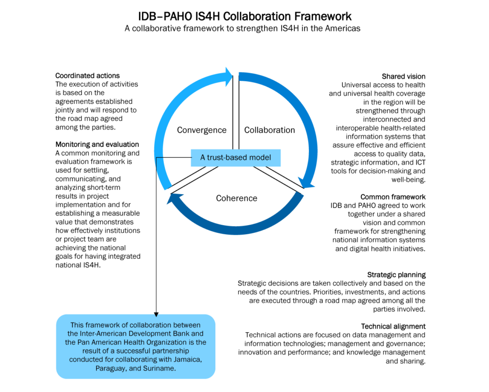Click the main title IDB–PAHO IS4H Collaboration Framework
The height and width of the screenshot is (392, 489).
pos(244,16)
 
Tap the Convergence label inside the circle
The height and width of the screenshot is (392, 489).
pos(202,130)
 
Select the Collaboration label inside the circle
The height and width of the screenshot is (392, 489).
pos(269,130)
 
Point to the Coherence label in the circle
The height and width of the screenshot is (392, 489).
pos(236,198)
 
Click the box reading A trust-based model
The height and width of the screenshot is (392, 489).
pos(235,158)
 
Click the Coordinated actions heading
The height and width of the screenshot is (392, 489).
pos(87,76)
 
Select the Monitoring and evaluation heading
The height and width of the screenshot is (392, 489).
pos(97,144)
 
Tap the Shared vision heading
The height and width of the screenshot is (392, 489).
pos(404,76)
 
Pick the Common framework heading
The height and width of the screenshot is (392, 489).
pos(393,197)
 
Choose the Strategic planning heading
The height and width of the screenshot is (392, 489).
pos(396,275)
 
